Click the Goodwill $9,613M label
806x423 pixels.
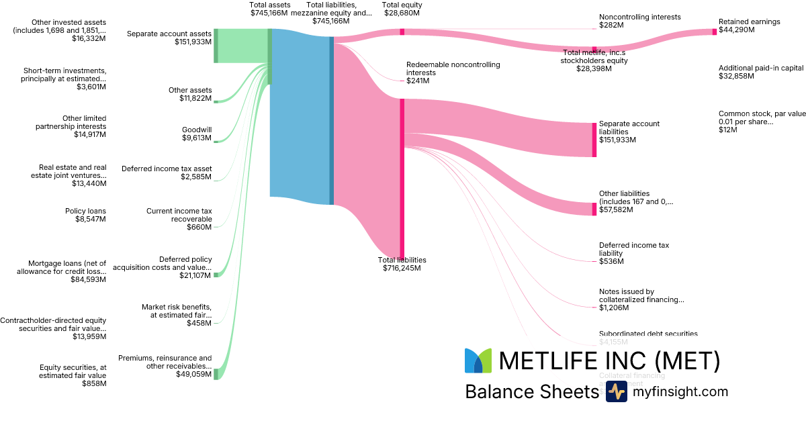197,134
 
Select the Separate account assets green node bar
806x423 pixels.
216,46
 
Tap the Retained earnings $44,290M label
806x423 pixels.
749,26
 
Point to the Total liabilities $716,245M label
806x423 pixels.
402,264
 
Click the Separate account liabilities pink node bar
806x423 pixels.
594,140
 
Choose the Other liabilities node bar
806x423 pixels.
594,209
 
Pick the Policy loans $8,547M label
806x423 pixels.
85,215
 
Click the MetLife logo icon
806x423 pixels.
478,361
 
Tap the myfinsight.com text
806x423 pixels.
680,391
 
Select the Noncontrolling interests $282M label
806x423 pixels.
639,21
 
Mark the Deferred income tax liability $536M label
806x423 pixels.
633,253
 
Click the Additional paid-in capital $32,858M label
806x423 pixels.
761,72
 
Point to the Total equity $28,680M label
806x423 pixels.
402,9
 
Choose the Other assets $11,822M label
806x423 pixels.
190,95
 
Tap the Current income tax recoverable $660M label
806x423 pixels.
179,219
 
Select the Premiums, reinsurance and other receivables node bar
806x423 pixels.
216,374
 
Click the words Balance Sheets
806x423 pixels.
531,391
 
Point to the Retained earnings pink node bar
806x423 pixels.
714,32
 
